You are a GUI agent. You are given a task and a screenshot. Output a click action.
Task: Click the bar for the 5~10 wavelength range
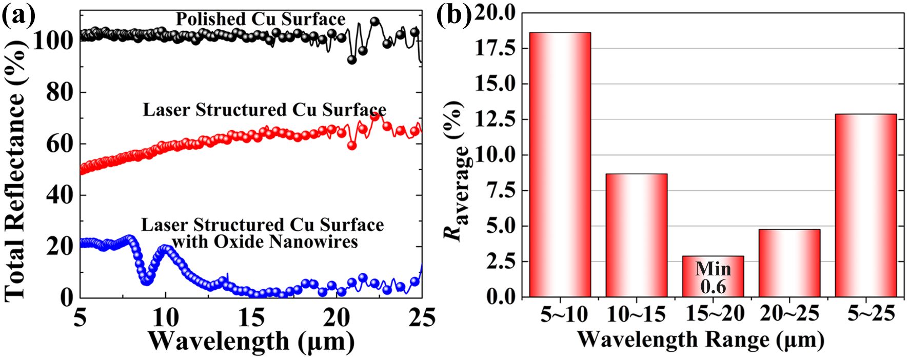[560, 165]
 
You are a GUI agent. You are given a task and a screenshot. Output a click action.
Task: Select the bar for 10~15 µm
[636, 235]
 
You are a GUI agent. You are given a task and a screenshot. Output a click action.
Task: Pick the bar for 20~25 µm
[789, 263]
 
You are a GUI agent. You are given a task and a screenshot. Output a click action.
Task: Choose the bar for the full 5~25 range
[865, 205]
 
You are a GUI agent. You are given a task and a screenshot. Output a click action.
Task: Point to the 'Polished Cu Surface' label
[261, 19]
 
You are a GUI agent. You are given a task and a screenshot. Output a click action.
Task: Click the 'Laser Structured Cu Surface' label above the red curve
[264, 110]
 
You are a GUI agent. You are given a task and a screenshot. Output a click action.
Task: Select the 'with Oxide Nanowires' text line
[265, 242]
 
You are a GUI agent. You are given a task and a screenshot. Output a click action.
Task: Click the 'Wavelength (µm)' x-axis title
[251, 341]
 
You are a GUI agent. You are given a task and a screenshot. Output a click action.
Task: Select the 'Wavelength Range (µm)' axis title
[701, 339]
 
